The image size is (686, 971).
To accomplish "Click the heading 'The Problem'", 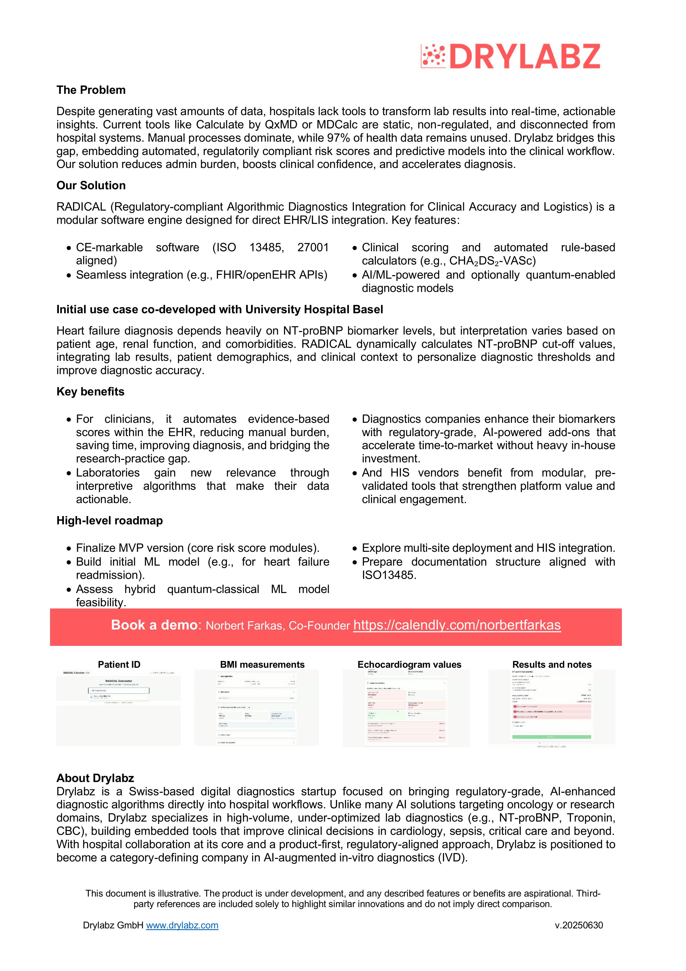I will point(91,90).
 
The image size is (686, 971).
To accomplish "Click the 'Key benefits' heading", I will point(90,392).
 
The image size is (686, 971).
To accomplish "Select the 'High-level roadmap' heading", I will point(109,521).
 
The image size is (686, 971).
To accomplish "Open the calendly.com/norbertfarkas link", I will point(457,625).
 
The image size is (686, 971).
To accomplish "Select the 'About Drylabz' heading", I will point(95,778).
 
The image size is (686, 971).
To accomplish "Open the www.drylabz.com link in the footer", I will point(182,925).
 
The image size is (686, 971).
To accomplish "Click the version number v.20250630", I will point(579,925).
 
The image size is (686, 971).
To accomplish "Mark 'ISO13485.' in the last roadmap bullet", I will point(389,575).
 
